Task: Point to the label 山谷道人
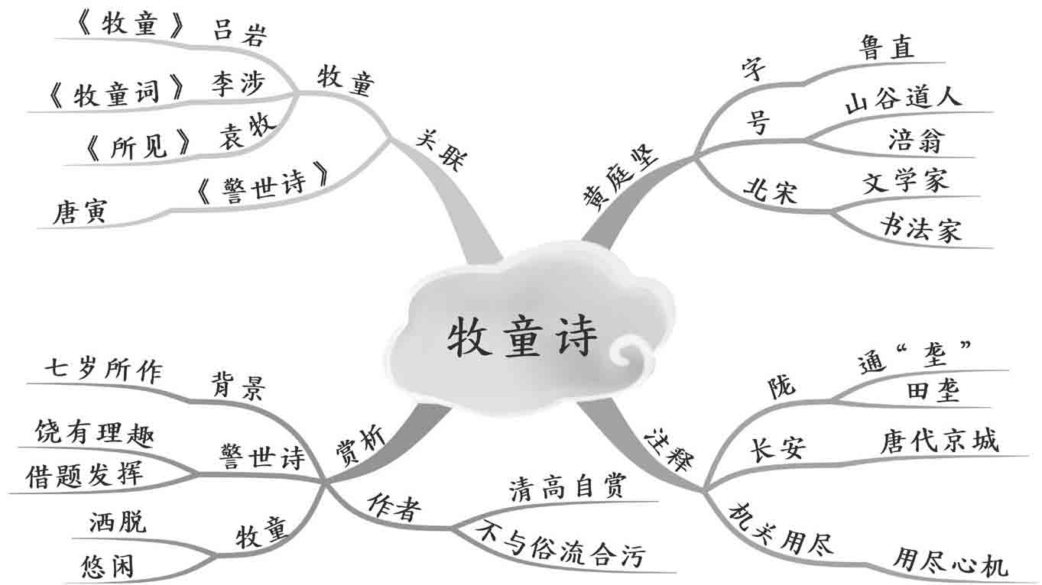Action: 903,99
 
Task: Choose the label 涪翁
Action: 916,141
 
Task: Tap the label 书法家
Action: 920,228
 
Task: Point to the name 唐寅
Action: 80,211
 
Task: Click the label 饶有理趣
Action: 95,434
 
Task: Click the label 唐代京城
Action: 939,441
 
